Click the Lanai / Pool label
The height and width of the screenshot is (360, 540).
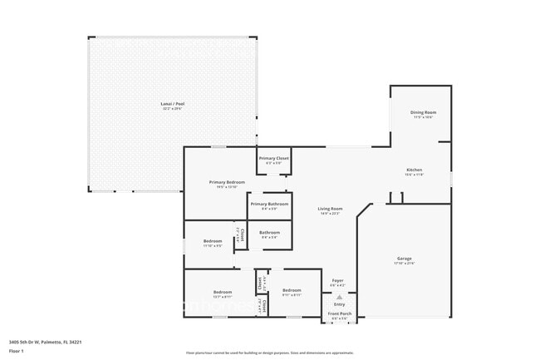point(173,106)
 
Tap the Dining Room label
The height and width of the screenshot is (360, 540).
point(424,114)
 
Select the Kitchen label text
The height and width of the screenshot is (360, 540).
point(414,171)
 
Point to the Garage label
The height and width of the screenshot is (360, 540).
point(404,260)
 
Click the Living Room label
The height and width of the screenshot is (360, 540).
point(330,210)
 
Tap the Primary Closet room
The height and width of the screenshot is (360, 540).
point(273,160)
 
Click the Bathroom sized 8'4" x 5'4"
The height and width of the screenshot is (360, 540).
point(269,234)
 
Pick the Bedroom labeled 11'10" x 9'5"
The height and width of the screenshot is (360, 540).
point(212,243)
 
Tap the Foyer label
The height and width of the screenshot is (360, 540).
point(338,283)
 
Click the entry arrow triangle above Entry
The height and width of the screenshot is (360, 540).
point(339,297)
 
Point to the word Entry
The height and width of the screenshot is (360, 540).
point(339,304)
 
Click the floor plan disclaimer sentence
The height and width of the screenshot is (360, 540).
point(269,353)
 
